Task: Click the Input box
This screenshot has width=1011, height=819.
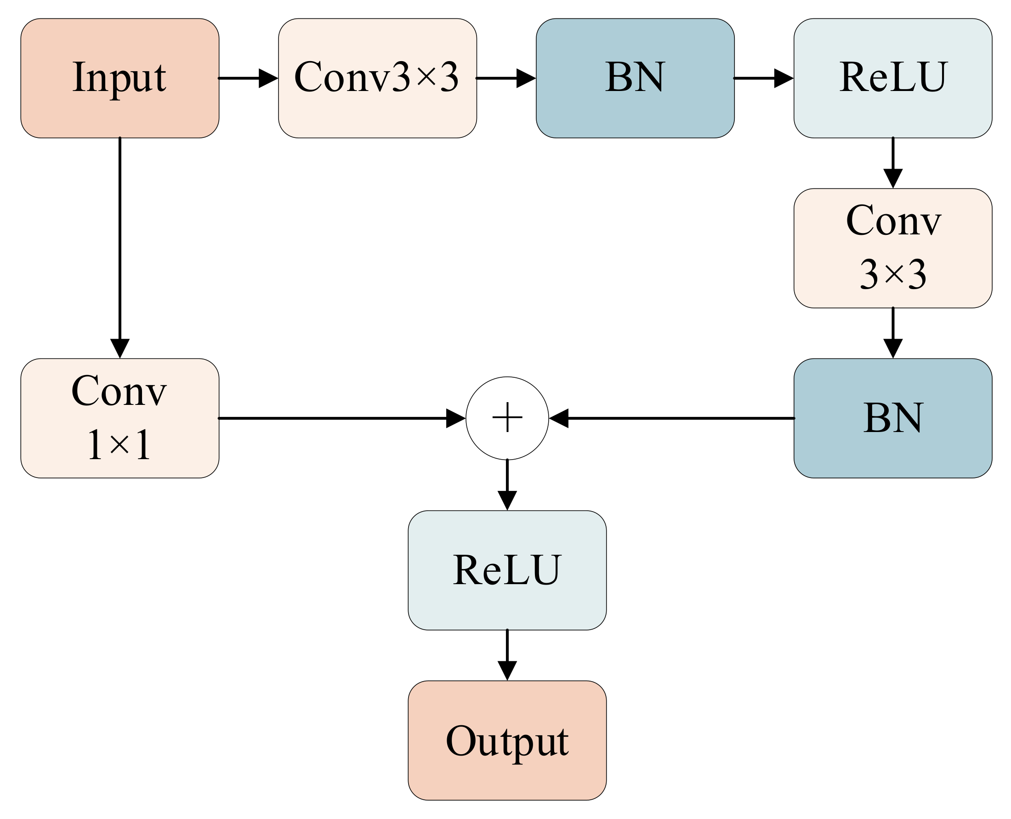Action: (119, 78)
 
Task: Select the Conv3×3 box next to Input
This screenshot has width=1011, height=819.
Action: (377, 78)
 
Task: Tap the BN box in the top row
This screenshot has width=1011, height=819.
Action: (635, 78)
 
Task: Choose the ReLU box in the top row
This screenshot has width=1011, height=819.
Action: (892, 78)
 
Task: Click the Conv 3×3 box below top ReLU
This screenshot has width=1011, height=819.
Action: (892, 248)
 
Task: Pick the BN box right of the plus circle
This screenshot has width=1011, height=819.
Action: (892, 418)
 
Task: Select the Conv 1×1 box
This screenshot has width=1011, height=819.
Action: (119, 418)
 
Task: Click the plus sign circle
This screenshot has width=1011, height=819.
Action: (507, 418)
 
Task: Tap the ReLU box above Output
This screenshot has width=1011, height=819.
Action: (507, 570)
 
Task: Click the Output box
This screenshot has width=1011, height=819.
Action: (507, 740)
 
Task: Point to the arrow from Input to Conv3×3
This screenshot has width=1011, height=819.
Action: (248, 78)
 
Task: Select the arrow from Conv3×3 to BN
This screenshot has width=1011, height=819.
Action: (505, 78)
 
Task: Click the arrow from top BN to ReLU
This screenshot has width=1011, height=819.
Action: (763, 78)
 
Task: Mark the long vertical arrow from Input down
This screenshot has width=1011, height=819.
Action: (120, 245)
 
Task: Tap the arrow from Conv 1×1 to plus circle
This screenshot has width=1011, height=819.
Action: (340, 418)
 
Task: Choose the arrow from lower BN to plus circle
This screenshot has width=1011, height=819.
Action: (670, 418)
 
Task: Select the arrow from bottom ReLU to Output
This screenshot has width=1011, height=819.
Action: (507, 655)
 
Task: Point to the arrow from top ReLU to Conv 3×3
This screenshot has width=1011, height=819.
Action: (892, 163)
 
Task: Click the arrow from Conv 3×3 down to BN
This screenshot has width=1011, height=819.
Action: (892, 333)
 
